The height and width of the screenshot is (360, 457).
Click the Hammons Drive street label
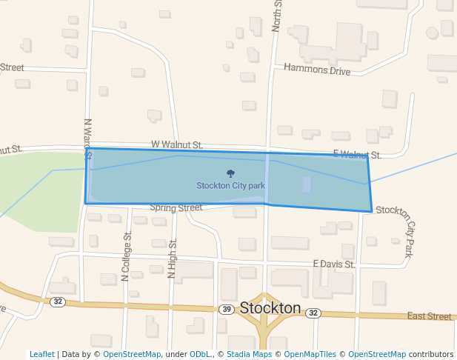(317, 70)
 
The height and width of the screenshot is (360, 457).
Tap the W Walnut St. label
(176, 145)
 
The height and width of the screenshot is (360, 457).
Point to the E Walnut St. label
(356, 154)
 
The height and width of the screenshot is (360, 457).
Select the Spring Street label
(176, 208)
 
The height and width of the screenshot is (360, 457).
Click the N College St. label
(126, 256)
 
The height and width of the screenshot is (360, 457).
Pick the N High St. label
(172, 259)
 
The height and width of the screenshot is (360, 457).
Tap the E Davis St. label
(334, 263)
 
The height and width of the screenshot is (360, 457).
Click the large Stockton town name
(270, 308)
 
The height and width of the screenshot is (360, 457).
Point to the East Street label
(429, 316)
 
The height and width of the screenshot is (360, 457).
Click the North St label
(277, 15)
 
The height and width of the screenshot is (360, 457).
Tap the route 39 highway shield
(227, 309)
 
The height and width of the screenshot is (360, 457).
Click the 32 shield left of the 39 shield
(58, 301)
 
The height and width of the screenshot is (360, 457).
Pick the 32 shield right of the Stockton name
(313, 313)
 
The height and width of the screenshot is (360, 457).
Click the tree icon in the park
(230, 174)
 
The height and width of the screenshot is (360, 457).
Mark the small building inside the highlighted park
(307, 184)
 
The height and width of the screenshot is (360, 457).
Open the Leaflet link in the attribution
(41, 355)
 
